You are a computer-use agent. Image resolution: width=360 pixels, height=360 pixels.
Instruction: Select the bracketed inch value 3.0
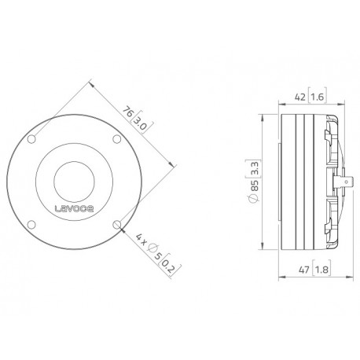click(139, 123)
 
